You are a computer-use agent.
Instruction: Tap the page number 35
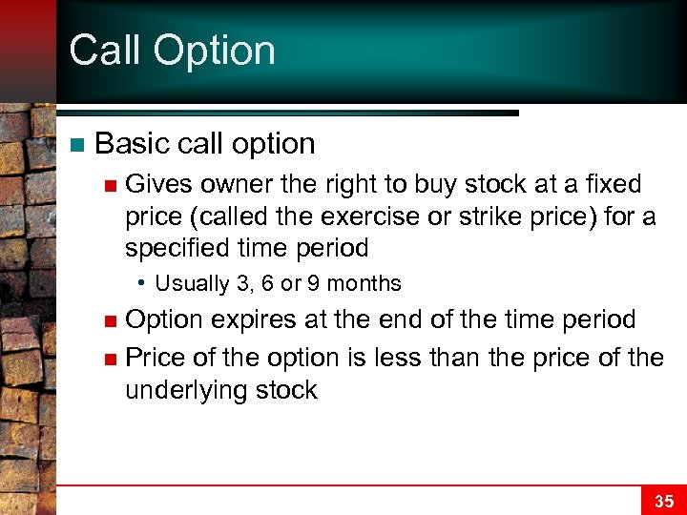point(664,501)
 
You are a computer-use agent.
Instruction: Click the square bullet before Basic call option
point(77,145)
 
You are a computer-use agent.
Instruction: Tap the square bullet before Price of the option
point(111,359)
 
